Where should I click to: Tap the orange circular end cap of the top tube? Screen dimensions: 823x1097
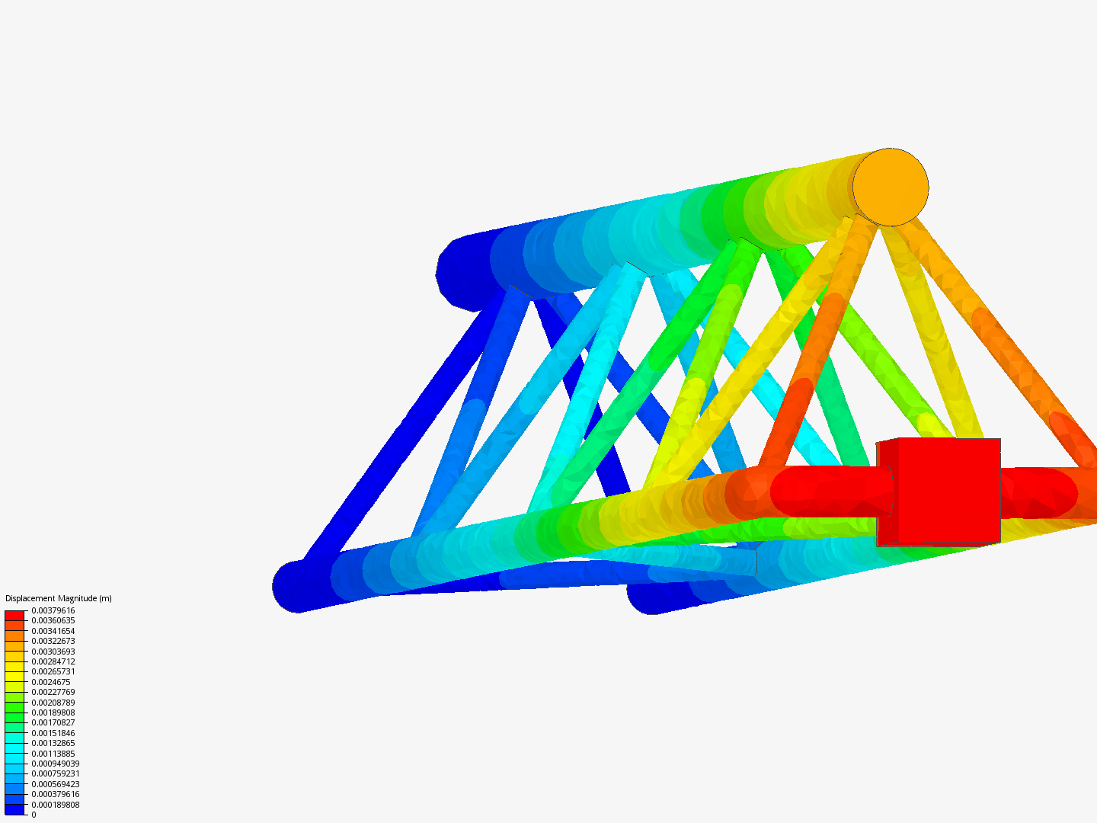(890, 187)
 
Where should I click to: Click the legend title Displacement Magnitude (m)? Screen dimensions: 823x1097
(59, 598)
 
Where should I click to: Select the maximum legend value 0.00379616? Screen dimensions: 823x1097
(53, 610)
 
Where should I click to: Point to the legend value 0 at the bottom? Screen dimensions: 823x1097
(34, 815)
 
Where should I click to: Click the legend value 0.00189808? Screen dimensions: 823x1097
(53, 713)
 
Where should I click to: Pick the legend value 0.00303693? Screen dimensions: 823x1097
(53, 652)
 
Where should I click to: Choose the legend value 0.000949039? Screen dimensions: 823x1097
(55, 764)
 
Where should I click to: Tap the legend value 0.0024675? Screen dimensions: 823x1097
(51, 682)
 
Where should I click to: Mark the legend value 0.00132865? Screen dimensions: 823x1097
(53, 743)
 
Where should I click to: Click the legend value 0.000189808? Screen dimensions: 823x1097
(55, 805)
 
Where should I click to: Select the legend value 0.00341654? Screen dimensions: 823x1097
(53, 631)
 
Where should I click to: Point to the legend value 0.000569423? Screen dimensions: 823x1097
(55, 784)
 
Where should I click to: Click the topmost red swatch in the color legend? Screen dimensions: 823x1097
(14, 615)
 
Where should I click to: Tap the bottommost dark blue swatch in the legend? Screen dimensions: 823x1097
(14, 809)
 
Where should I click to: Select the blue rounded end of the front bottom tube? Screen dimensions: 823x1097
(296, 586)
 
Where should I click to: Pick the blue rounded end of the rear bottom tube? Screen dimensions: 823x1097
(648, 599)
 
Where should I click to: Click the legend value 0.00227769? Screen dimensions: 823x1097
(53, 692)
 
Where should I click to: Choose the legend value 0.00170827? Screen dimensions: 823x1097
(53, 722)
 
